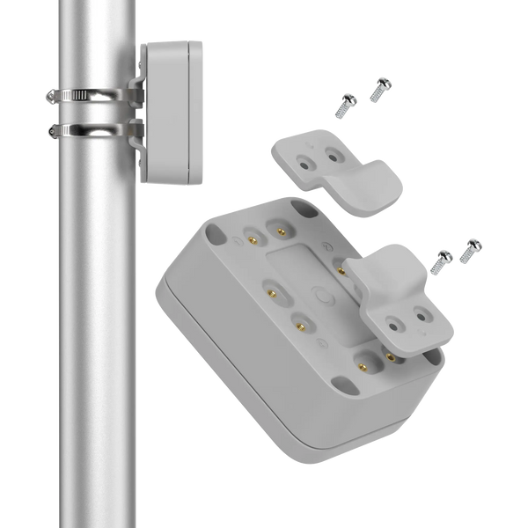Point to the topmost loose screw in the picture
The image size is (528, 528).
382,86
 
